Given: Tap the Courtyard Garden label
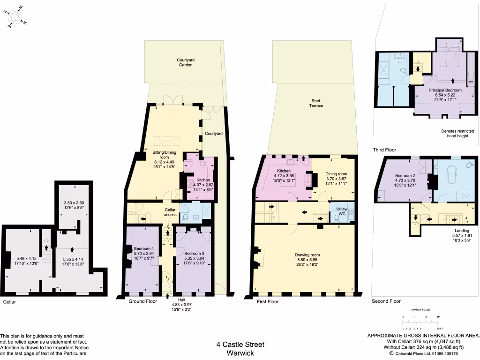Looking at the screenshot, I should click(x=186, y=62).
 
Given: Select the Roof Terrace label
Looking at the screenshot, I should click(x=316, y=103).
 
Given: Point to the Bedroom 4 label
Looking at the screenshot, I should click(x=143, y=248).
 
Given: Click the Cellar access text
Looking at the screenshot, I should click(x=170, y=212).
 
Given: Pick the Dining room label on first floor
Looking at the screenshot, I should click(x=337, y=174).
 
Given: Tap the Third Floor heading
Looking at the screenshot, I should click(x=384, y=150).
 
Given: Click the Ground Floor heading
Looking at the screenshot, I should click(x=142, y=301).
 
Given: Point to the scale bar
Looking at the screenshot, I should click(x=420, y=322).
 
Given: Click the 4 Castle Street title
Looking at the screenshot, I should click(x=240, y=345).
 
